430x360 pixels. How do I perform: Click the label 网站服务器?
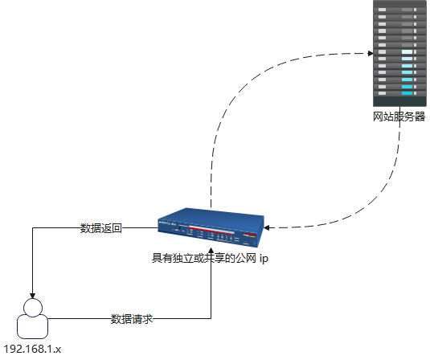pyautogui.click(x=399, y=117)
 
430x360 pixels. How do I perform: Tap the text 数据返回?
pyautogui.click(x=100, y=228)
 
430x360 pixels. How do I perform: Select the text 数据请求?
pyautogui.click(x=131, y=319)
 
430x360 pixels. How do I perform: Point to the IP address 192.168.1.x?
pyautogui.click(x=33, y=350)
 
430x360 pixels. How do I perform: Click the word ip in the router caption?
pyautogui.click(x=263, y=259)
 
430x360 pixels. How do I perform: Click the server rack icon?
pyautogui.click(x=399, y=53)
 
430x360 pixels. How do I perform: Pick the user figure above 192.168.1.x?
pyautogui.click(x=32, y=320)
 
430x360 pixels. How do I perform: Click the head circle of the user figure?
pyautogui.click(x=32, y=309)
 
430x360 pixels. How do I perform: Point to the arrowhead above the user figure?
pyautogui.click(x=32, y=294)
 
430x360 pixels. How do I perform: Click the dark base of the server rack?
pyautogui.click(x=399, y=100)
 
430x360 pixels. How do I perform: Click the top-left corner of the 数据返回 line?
pyautogui.click(x=32, y=228)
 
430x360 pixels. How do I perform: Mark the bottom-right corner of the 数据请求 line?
pyautogui.click(x=211, y=319)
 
